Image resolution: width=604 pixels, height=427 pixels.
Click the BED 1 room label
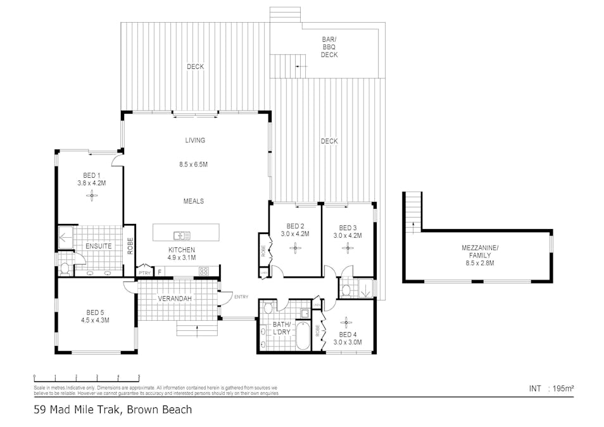point(91,175)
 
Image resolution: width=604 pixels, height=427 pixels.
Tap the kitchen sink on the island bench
point(182,236)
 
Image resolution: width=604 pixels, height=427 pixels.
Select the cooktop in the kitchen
point(204,271)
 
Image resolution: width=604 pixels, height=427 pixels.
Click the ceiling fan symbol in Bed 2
point(296,247)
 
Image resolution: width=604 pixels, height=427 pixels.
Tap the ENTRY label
point(241,297)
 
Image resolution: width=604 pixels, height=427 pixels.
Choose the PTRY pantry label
point(144,273)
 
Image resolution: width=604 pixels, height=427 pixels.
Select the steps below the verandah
point(197,330)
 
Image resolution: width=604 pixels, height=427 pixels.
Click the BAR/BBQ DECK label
point(329,47)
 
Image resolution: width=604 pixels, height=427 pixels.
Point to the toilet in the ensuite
point(65,268)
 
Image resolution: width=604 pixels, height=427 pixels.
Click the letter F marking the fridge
point(160,273)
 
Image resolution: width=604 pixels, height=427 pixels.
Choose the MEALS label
point(194,201)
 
